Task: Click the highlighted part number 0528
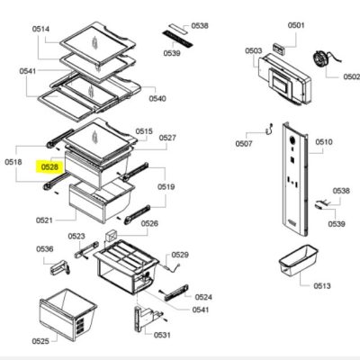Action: tap(49, 166)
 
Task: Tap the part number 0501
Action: tap(296, 25)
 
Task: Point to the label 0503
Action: tap(254, 50)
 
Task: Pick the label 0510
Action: tap(324, 141)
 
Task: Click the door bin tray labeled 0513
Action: tap(299, 260)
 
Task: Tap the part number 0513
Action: tap(322, 285)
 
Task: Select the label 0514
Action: tap(40, 29)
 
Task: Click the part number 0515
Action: tap(144, 131)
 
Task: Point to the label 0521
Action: tap(44, 220)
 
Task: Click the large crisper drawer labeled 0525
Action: tap(68, 315)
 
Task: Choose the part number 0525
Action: tap(40, 341)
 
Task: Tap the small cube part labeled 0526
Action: tap(111, 236)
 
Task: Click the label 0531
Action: tap(162, 335)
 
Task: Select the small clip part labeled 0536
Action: tap(59, 267)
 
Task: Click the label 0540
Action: tap(157, 98)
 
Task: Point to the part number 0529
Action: tap(180, 255)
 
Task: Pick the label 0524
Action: tap(203, 297)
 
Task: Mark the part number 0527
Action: tap(167, 138)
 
